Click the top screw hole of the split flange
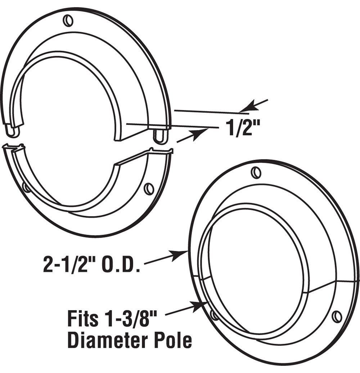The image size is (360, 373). (68, 21)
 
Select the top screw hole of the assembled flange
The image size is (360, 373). (257, 173)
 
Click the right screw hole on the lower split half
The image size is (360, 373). (149, 189)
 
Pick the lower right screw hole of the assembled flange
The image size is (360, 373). (337, 316)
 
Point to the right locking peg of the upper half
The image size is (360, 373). (160, 136)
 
